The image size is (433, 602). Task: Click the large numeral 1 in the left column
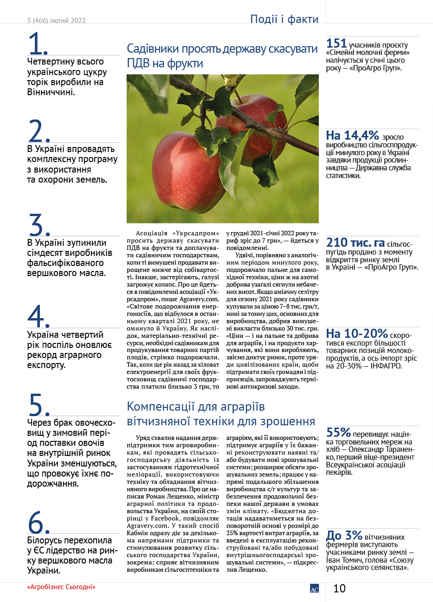point(38,44)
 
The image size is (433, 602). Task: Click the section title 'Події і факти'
point(284,19)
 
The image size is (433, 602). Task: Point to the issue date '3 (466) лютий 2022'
point(56,21)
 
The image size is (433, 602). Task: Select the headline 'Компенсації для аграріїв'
point(196,407)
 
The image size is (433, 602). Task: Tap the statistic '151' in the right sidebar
point(336,44)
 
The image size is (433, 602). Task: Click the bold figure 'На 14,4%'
point(352,136)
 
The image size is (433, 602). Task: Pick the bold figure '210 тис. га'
point(356,243)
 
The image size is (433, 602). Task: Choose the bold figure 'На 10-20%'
point(357,334)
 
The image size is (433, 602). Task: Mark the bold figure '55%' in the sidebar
point(339,432)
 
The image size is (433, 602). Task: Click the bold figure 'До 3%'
point(344,535)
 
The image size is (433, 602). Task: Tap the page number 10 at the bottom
point(340,588)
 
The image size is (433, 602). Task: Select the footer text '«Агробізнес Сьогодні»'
point(61,587)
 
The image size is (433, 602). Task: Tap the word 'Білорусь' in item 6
point(48,540)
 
